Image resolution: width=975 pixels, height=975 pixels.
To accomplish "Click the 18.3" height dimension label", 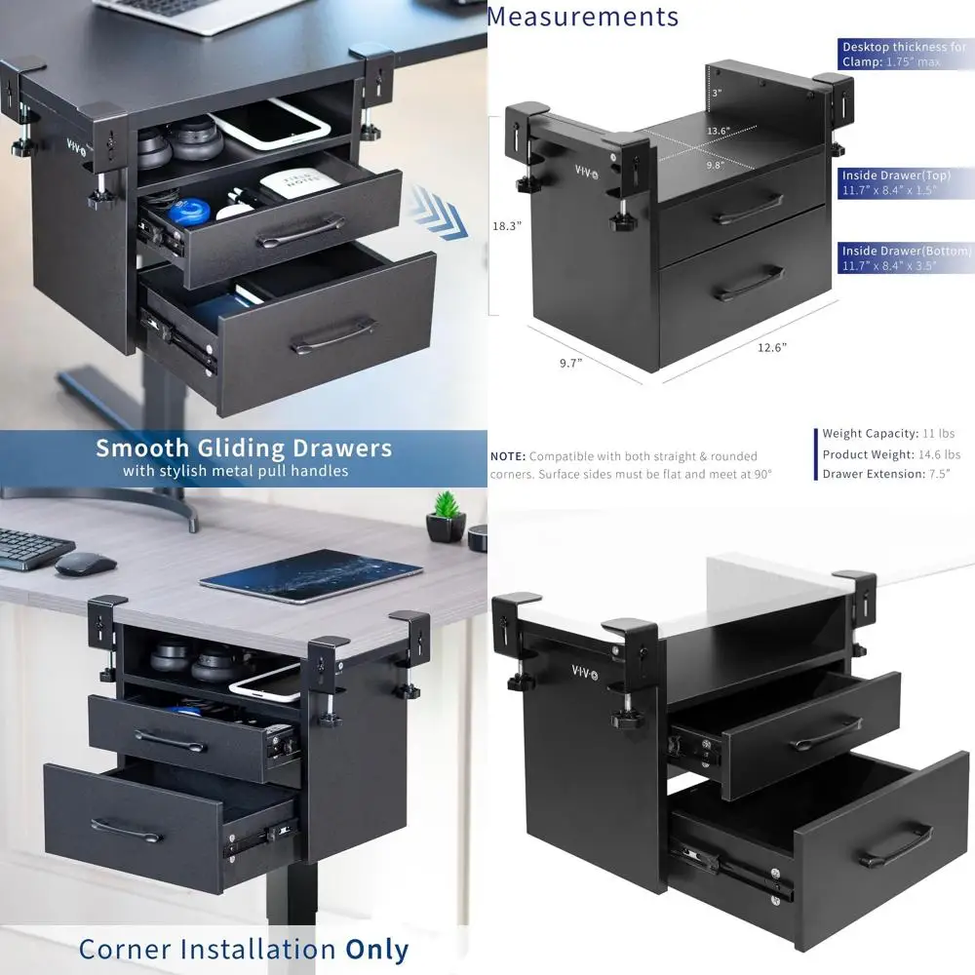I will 507,225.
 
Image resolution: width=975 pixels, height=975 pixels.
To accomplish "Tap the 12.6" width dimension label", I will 770,346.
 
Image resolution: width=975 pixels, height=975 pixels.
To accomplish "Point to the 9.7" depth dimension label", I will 569,363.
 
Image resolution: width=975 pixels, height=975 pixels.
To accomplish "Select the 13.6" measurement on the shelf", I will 719,131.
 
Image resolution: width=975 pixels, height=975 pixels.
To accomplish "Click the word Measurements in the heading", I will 582,17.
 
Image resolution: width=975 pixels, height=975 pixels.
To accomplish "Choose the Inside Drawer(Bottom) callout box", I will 906,258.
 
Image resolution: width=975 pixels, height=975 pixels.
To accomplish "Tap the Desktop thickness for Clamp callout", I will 905,54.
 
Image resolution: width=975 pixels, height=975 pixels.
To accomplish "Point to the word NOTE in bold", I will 508,456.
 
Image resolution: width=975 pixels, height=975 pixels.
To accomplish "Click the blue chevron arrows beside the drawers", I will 435,215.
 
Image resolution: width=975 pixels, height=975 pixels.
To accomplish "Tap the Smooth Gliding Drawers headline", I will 244,448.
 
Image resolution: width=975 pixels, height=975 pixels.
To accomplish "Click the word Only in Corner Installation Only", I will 377,950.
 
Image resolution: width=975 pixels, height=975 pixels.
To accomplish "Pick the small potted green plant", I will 447,518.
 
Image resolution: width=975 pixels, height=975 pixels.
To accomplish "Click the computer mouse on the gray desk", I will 86,563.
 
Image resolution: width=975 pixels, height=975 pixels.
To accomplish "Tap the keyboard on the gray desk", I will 29,548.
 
